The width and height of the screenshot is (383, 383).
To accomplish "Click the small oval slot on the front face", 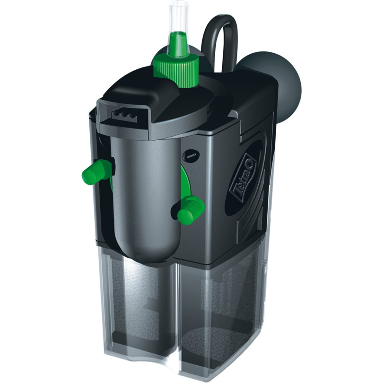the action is click(192, 155).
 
